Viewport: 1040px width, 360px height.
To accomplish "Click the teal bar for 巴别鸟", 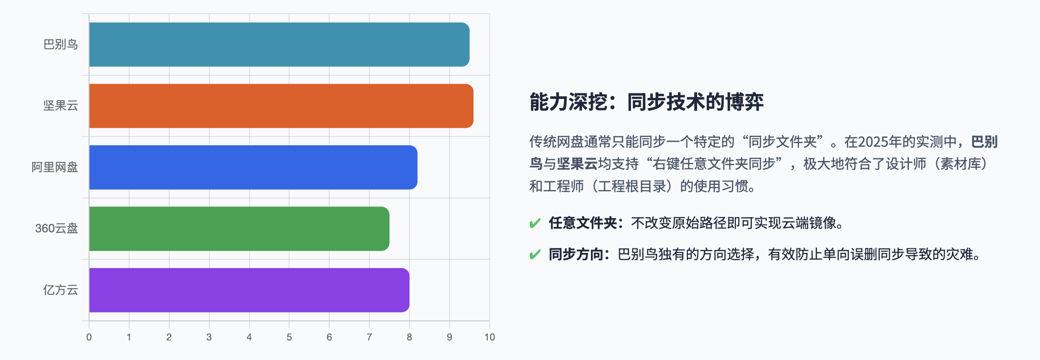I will click(x=279, y=45).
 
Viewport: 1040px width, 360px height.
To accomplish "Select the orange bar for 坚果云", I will click(x=281, y=106).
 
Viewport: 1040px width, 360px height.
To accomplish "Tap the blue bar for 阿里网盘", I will click(x=253, y=167).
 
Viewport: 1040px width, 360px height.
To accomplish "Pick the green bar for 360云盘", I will click(x=239, y=228).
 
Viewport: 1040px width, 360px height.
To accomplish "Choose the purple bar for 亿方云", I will click(x=249, y=290).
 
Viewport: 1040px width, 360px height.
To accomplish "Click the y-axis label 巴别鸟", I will click(x=61, y=45).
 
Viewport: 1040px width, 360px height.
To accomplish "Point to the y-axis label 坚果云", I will click(x=61, y=106).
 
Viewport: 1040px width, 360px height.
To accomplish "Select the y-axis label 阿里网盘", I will click(x=55, y=167).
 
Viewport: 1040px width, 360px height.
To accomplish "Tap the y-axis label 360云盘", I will click(x=56, y=228).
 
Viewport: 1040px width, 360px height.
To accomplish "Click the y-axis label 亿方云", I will click(x=61, y=290).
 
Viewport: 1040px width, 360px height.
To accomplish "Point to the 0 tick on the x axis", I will click(x=89, y=337).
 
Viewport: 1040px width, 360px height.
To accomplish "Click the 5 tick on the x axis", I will click(x=289, y=337).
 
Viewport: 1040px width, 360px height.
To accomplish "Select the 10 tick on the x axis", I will click(x=490, y=337).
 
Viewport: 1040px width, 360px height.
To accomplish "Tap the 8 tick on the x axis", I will click(x=409, y=337).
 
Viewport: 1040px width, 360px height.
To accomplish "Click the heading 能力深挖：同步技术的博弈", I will click(x=646, y=102).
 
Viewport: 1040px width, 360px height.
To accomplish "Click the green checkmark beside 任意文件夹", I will click(x=535, y=224).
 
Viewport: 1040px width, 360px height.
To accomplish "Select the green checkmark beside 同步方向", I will click(x=535, y=255).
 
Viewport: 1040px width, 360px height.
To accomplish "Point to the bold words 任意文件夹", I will click(x=583, y=223).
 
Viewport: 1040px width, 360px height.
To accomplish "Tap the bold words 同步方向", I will click(x=576, y=254).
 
